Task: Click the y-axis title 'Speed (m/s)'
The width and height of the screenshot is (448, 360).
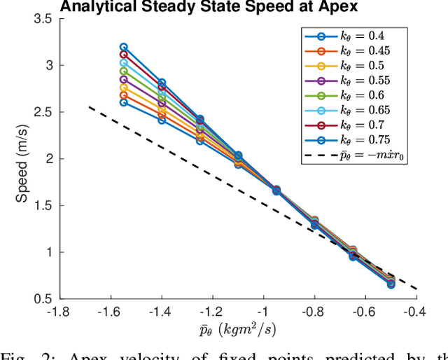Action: pos(22,159)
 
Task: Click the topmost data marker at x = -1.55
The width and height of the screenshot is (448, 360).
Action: pos(124,47)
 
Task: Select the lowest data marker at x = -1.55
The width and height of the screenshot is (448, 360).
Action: pos(124,102)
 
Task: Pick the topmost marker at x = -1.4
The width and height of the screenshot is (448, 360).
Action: pos(162,83)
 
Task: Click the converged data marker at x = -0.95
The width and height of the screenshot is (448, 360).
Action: pos(276,191)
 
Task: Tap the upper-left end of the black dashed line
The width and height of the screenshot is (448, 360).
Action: pos(90,106)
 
